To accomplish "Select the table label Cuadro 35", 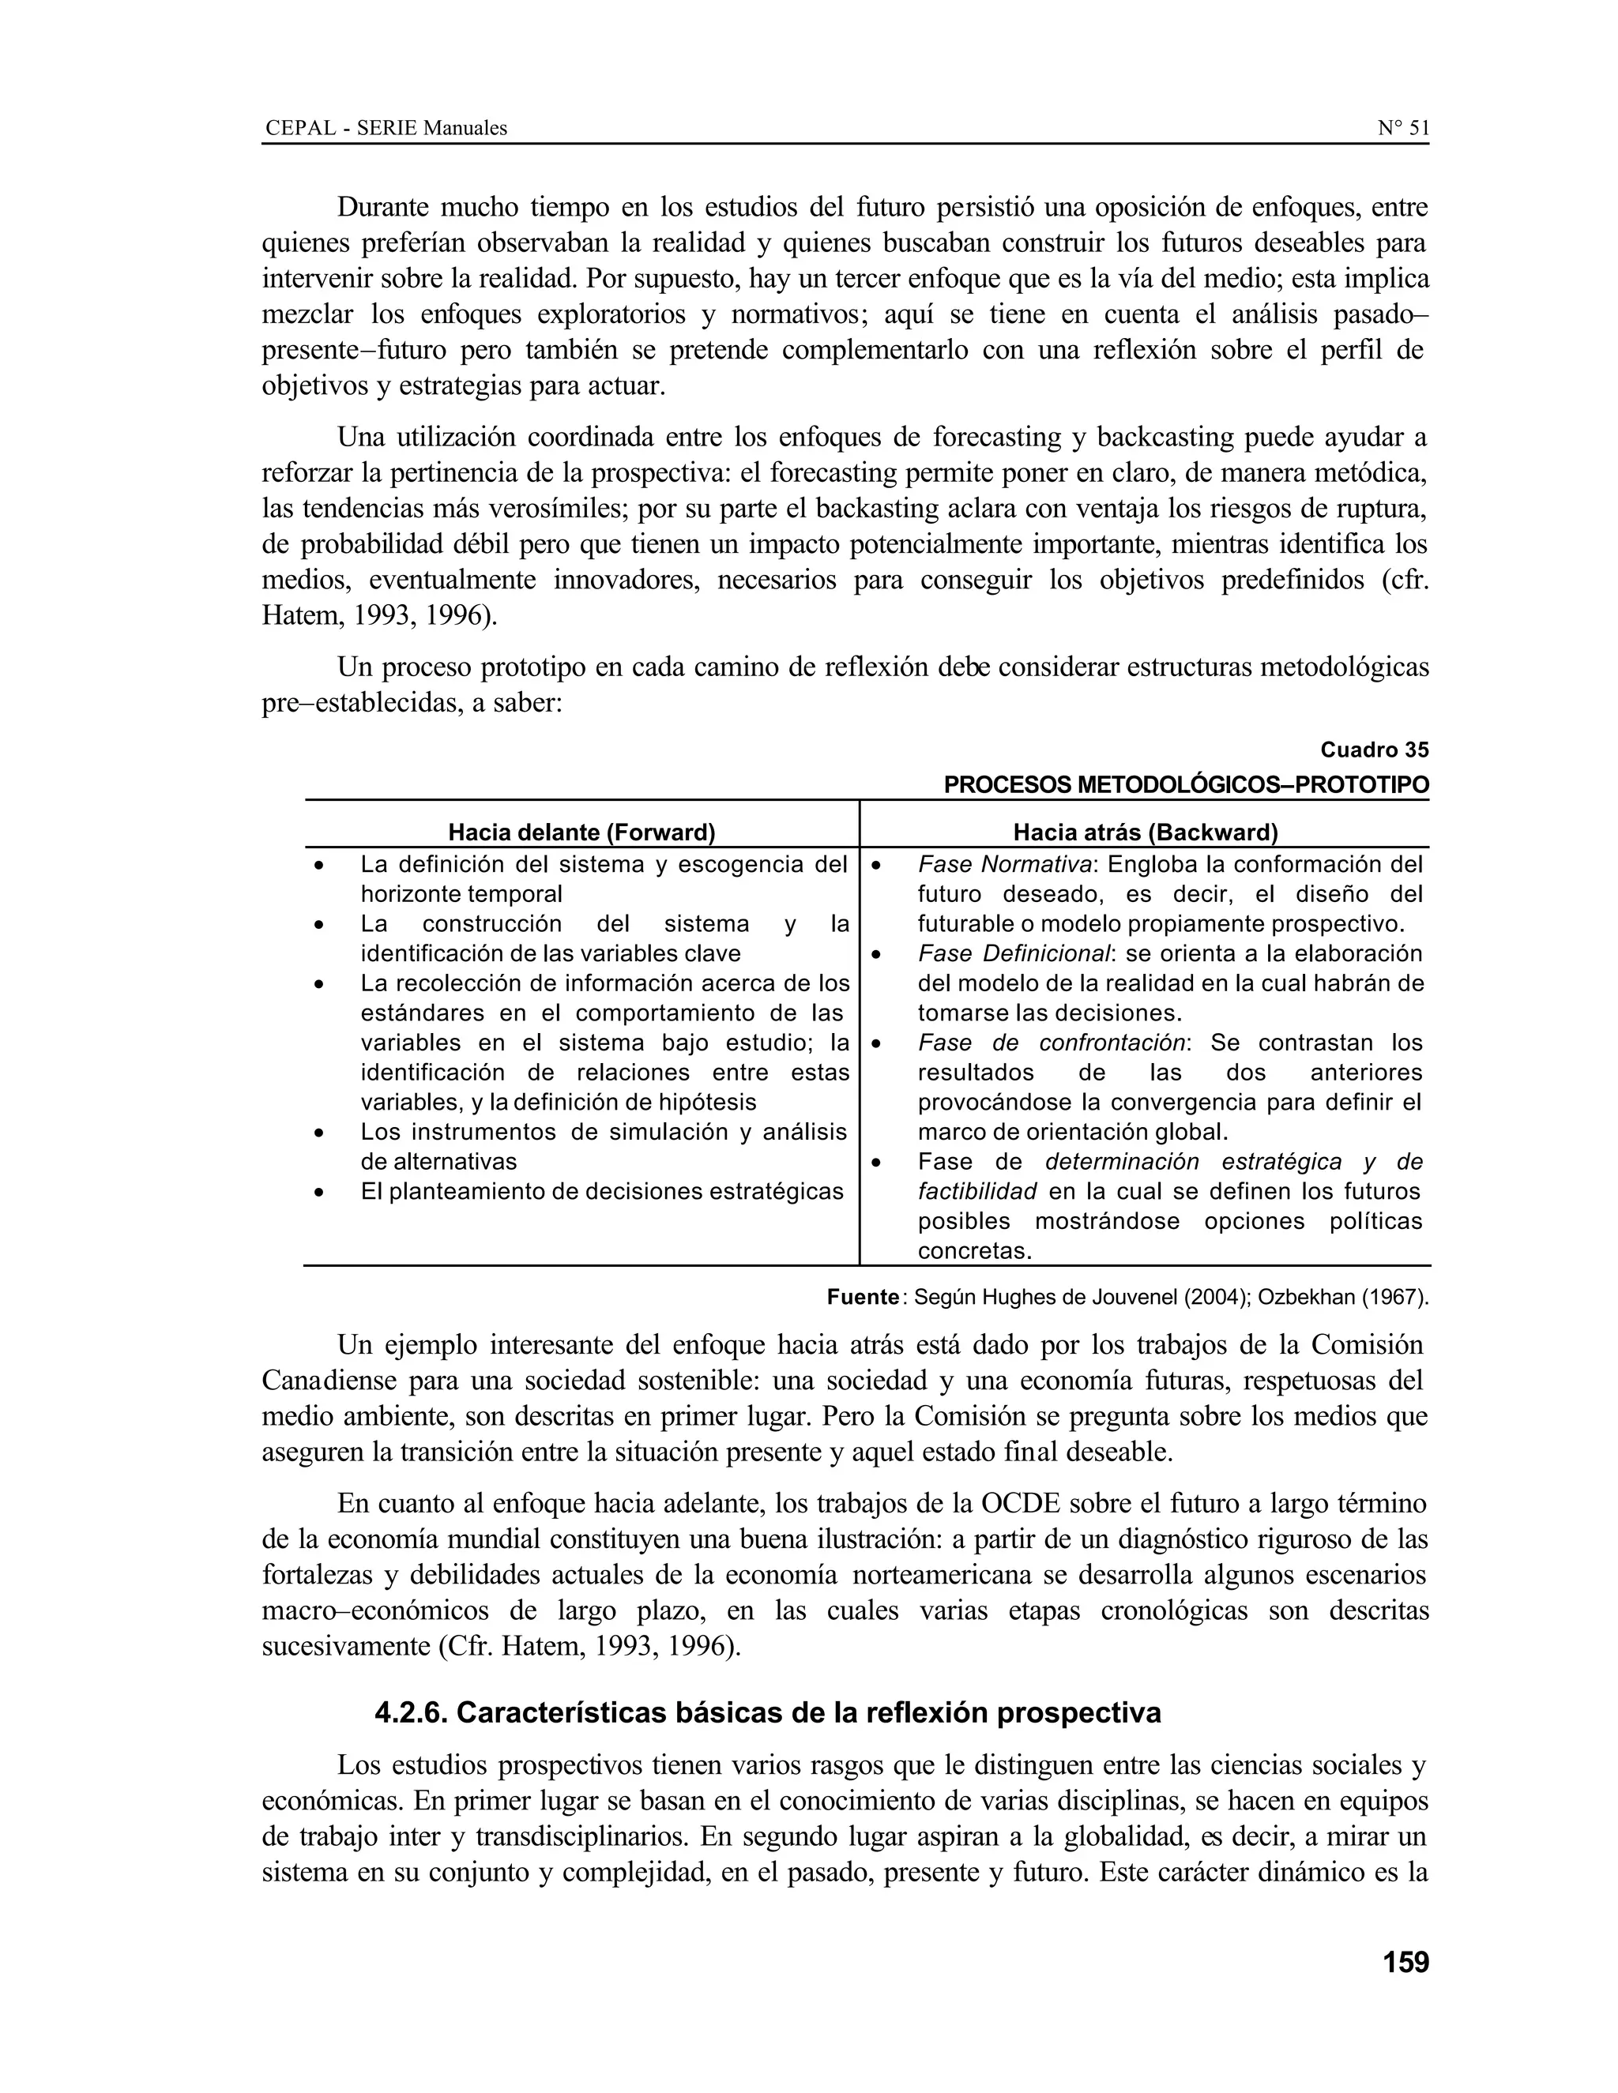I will click(x=1374, y=750).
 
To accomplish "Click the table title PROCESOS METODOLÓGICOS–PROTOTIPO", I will click(x=1186, y=785).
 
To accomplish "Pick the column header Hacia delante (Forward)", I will click(x=581, y=832).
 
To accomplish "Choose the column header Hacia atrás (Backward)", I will click(x=1146, y=832).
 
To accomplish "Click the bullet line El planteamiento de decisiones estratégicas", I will click(x=601, y=1191).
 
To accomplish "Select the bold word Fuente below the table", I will click(x=862, y=1298).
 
